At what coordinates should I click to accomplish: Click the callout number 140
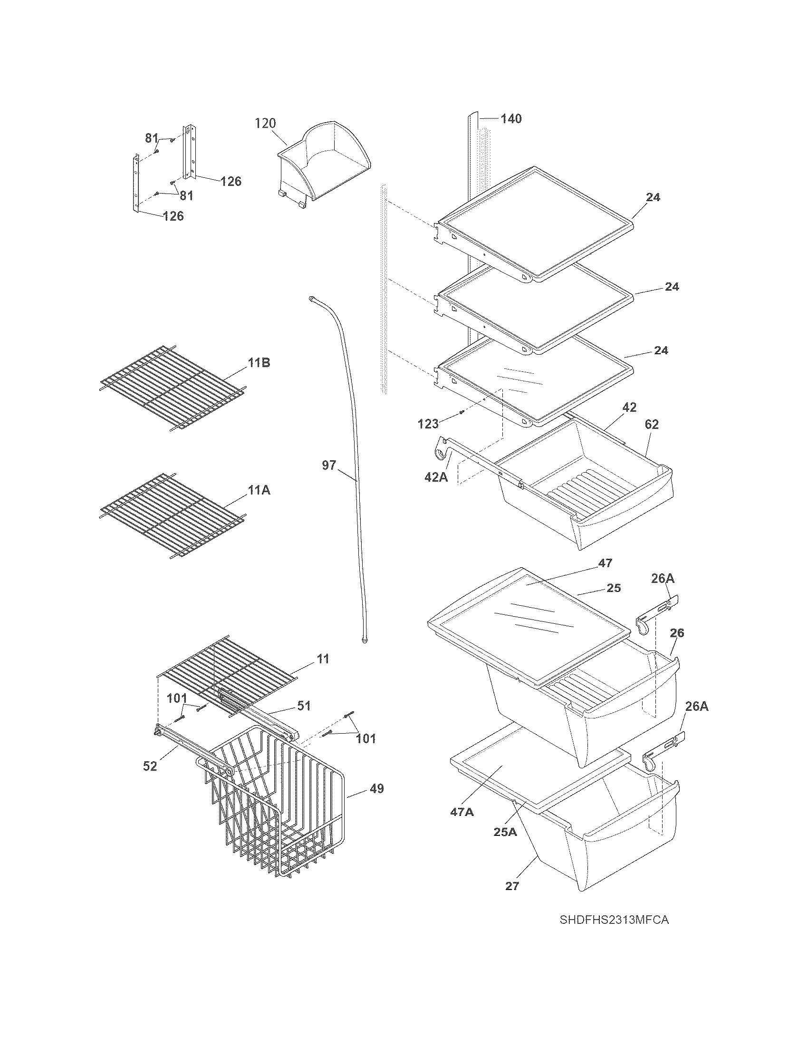click(511, 119)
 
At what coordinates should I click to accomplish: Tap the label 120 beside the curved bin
click(265, 124)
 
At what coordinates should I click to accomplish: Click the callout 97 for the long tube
click(329, 465)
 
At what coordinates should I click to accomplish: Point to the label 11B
click(259, 363)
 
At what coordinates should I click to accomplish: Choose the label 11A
click(259, 491)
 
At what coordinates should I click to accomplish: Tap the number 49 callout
click(377, 788)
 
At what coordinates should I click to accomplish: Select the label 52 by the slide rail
click(150, 766)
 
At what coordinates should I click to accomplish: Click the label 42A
click(436, 477)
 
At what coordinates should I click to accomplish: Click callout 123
click(428, 424)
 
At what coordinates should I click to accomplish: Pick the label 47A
click(462, 812)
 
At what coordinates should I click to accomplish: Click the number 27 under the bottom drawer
click(512, 887)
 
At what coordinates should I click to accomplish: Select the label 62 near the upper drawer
click(652, 424)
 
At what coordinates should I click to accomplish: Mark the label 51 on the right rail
click(304, 706)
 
